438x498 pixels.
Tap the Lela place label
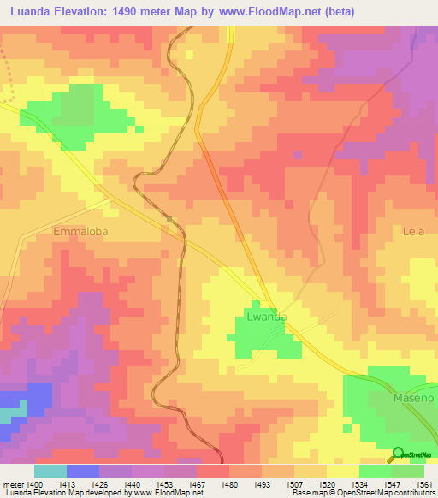click(x=414, y=231)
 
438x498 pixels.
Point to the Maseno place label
click(x=391, y=398)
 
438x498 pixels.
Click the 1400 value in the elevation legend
click(x=34, y=483)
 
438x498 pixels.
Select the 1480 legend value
click(x=229, y=483)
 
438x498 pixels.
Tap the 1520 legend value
click(x=327, y=483)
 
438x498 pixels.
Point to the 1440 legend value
click(x=132, y=483)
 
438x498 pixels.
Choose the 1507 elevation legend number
click(x=294, y=483)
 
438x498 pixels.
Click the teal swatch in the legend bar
click(x=50, y=471)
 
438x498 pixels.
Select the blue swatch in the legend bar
click(x=83, y=471)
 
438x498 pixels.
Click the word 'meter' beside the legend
click(x=12, y=483)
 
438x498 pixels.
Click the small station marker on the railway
click(x=170, y=220)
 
